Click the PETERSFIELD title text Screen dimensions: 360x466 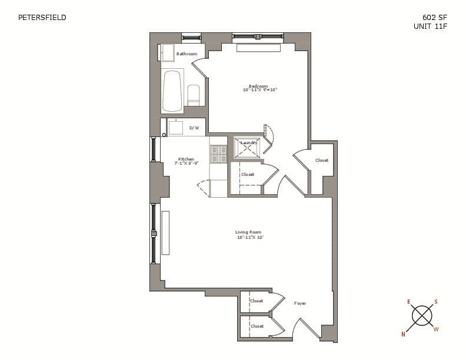(42, 18)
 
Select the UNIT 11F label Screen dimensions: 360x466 (431, 26)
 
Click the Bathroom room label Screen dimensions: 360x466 (187, 54)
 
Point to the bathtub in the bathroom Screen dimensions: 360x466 (172, 91)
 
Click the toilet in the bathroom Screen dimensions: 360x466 (194, 95)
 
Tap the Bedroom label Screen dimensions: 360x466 (258, 86)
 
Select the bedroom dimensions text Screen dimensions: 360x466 (259, 90)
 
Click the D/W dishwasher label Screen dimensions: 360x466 (194, 128)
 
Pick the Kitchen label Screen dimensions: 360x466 (186, 159)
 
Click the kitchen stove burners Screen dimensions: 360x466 (219, 154)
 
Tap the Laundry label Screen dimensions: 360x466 (248, 143)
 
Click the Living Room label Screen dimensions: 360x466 (248, 232)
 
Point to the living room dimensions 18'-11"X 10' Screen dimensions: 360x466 (249, 237)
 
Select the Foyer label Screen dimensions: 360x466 (300, 304)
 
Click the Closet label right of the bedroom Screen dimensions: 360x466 (322, 160)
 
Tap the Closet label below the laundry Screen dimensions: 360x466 (248, 174)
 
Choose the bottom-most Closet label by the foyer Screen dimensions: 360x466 (257, 326)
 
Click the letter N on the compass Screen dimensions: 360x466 (404, 334)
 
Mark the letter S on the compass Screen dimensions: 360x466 (436, 302)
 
